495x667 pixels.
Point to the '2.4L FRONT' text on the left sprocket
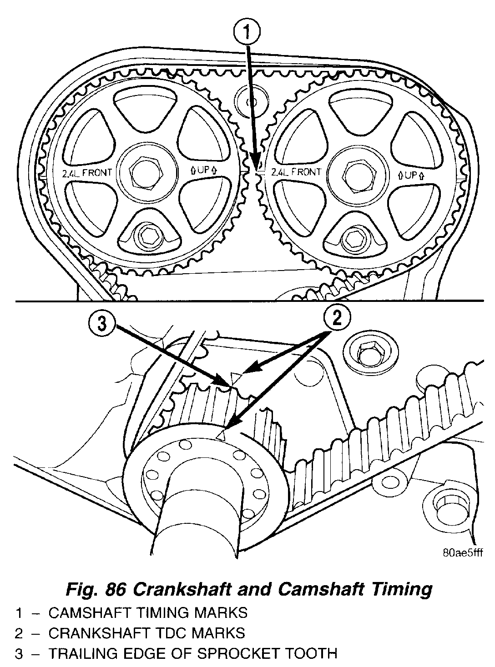88,172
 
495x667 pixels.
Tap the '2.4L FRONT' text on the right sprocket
296,172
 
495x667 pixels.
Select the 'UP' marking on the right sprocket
411,175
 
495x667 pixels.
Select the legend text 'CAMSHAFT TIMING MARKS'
148,613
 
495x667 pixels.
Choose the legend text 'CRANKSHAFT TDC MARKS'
146,633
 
